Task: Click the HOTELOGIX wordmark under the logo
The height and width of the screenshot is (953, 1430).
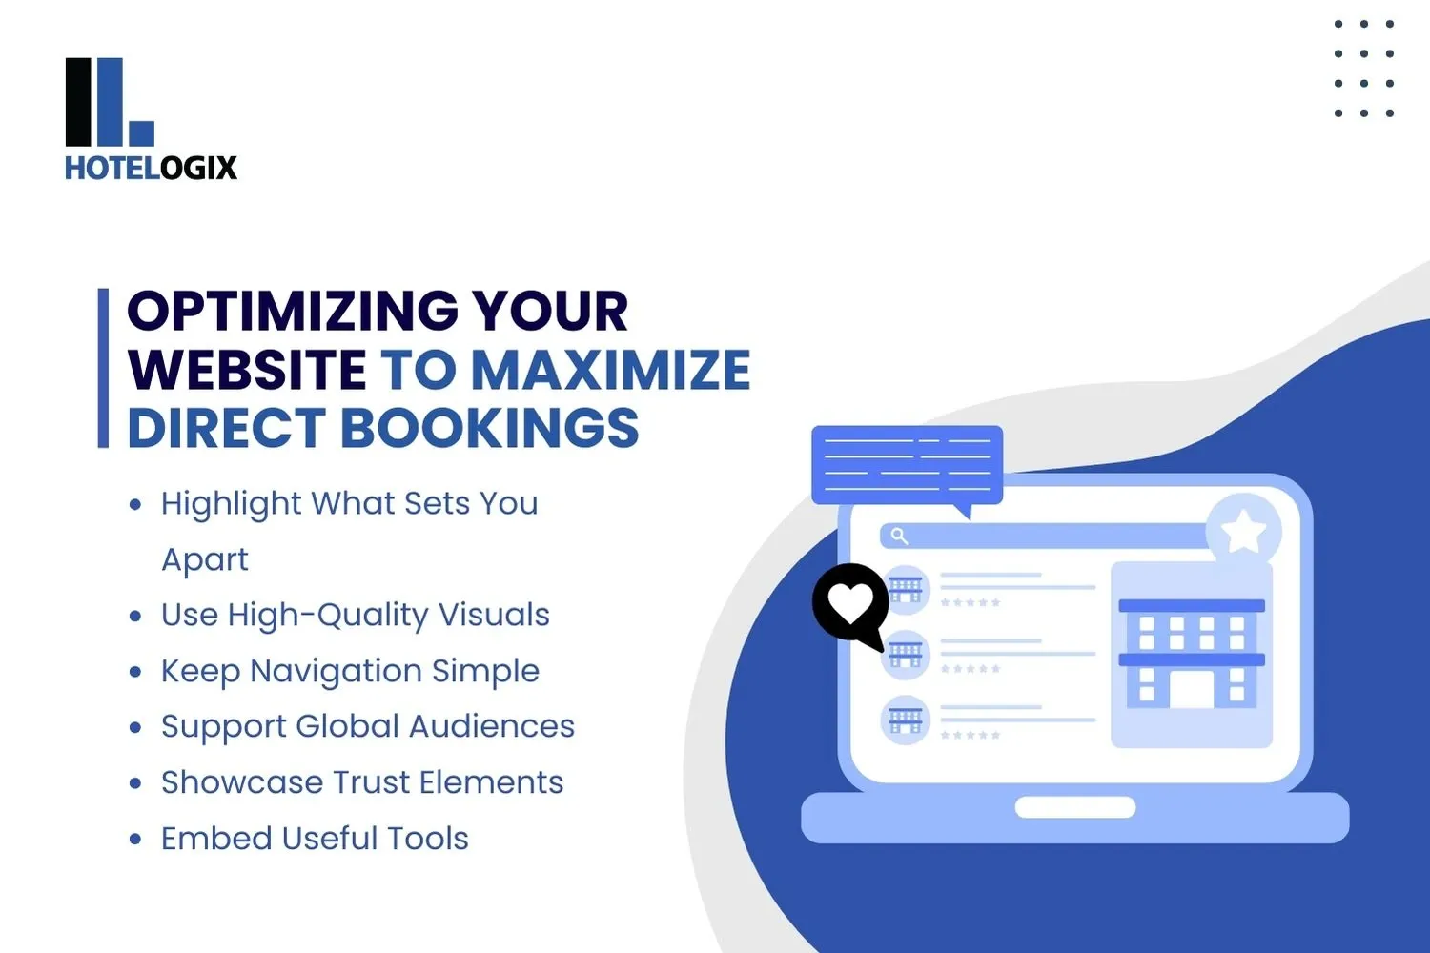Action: (151, 169)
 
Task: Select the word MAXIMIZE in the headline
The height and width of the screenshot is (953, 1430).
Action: (611, 370)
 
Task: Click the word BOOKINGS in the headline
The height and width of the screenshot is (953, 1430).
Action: (489, 428)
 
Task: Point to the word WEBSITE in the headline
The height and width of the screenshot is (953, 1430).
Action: (247, 370)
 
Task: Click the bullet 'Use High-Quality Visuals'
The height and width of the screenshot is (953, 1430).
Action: (355, 615)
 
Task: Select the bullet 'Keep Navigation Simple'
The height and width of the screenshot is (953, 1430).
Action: (350, 671)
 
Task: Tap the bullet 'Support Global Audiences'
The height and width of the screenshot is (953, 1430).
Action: (367, 726)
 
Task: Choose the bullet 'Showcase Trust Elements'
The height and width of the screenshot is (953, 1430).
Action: (362, 782)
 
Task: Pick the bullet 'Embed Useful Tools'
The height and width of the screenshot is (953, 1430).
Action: (315, 839)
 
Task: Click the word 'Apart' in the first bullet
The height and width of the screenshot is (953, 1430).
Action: (205, 559)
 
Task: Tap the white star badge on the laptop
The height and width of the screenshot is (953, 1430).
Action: (1243, 532)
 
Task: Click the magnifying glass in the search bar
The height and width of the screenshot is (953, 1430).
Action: (899, 536)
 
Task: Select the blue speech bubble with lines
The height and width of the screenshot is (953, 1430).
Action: (907, 465)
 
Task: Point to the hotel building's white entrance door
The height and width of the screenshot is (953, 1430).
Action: (1192, 689)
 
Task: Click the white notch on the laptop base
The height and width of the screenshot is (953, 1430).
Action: (1075, 808)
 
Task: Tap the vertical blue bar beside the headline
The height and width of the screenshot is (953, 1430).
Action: (103, 368)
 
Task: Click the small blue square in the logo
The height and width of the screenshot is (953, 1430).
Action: (141, 133)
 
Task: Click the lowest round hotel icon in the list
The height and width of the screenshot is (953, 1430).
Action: (905, 720)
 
